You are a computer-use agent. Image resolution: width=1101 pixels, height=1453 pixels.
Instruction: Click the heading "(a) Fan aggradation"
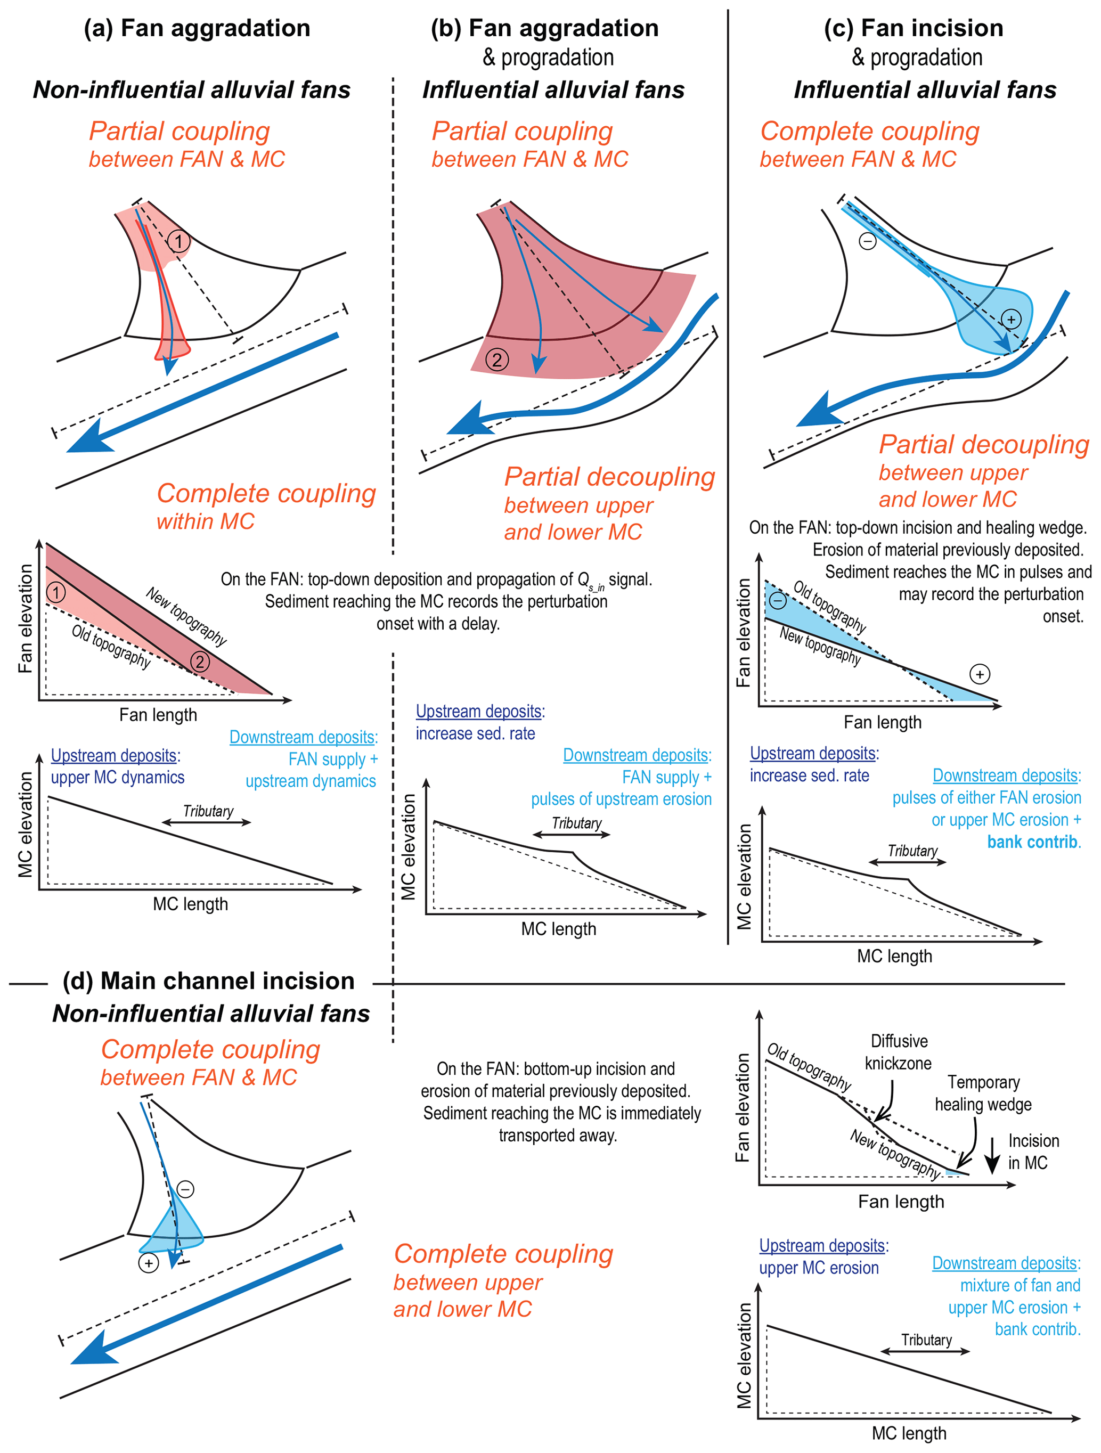(x=197, y=28)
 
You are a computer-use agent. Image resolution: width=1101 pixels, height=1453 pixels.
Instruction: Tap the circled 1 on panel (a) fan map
(x=178, y=241)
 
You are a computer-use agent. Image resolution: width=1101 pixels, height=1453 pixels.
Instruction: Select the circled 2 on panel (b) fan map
(x=496, y=360)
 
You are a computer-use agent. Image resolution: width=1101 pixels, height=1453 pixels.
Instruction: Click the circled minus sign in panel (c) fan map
(x=867, y=242)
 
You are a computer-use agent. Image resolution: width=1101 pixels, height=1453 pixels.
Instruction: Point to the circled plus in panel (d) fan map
(x=149, y=1263)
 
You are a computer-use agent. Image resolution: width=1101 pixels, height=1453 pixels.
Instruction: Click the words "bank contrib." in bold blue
(x=1033, y=842)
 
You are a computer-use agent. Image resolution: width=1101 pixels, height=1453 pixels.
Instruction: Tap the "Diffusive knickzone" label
(x=898, y=1052)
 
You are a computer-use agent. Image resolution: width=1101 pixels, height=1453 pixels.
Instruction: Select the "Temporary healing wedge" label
(x=983, y=1093)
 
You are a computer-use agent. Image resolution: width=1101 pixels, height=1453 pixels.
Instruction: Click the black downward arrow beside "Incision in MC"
(x=992, y=1155)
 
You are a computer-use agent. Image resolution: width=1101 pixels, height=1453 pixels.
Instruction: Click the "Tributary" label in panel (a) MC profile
(x=208, y=811)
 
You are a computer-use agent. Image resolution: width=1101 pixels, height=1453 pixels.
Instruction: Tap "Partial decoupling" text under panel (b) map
(x=609, y=478)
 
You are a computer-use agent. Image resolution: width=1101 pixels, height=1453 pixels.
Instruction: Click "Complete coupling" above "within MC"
(x=266, y=493)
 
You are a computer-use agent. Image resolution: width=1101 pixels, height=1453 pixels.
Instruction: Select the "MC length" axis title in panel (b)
(x=558, y=929)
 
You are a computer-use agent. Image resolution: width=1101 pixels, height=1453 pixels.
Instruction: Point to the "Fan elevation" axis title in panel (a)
(x=25, y=618)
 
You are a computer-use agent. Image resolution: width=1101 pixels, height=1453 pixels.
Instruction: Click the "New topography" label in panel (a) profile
(x=186, y=616)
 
